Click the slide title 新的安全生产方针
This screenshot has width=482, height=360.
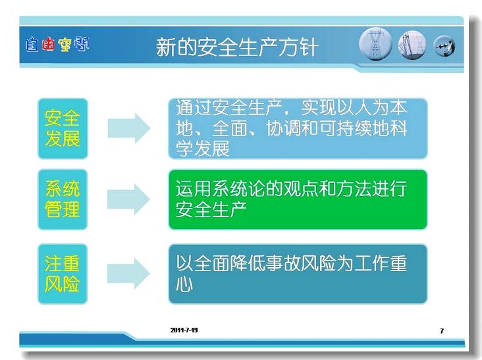236,47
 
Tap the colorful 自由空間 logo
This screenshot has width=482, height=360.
57,45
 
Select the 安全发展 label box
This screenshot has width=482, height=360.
63,128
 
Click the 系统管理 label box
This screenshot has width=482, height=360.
63,199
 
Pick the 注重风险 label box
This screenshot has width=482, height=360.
63,274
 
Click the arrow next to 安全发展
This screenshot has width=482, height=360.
129,128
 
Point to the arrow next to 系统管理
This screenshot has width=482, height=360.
129,199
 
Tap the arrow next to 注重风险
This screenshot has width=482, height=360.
129,273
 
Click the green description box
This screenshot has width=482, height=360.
298,199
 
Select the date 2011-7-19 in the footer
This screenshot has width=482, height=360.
184,330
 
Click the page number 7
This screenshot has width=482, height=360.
442,331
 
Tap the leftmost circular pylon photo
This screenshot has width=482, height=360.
375,44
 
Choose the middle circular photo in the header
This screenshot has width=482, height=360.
412,45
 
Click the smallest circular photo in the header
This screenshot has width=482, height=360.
444,46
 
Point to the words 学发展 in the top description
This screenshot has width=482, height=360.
203,149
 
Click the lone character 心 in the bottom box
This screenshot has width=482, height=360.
184,284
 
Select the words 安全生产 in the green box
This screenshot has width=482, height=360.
211,209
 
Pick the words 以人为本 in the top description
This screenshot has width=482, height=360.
372,107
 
